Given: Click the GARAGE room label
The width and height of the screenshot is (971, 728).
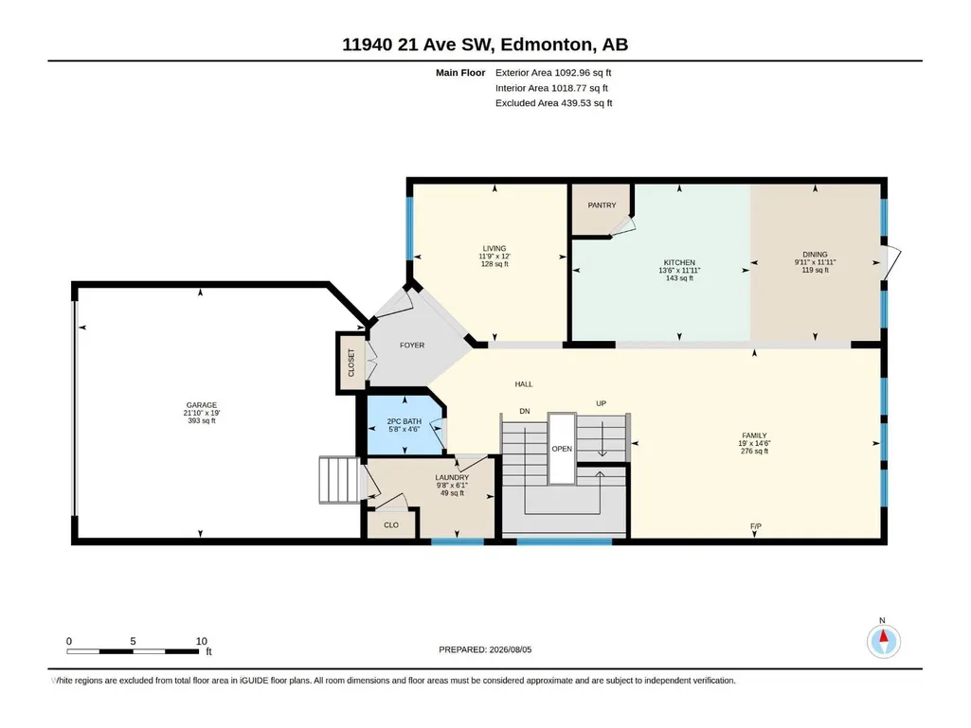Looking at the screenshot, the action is (x=201, y=405).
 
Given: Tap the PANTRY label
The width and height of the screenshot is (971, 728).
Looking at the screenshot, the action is (x=602, y=204).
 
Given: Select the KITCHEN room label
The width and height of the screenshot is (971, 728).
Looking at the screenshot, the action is (x=679, y=262).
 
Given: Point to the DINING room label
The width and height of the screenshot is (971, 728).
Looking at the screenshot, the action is (x=815, y=255).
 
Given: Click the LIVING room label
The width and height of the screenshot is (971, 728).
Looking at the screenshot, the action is (x=494, y=248).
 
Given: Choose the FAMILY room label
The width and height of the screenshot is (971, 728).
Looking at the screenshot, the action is (x=754, y=435).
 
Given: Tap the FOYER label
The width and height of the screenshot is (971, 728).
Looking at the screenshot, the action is (x=412, y=346).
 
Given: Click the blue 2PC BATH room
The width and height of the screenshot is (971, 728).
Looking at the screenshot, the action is (x=404, y=425).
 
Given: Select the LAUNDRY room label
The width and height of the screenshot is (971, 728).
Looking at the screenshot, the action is (x=452, y=478).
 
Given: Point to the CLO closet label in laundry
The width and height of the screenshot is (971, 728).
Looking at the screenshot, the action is (x=391, y=525).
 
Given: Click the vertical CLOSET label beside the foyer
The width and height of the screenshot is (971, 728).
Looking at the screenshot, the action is (x=351, y=363).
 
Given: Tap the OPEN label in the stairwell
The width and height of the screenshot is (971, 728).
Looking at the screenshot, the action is (x=562, y=449).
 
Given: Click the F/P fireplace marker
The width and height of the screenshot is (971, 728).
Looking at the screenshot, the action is (x=756, y=526).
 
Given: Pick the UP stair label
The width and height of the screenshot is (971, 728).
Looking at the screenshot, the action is (x=601, y=403).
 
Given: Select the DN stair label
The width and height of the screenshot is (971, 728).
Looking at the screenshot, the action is (x=525, y=411).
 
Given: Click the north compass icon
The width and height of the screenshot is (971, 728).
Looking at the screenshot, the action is (x=884, y=641).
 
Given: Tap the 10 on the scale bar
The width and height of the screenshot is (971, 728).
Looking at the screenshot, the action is (x=201, y=641).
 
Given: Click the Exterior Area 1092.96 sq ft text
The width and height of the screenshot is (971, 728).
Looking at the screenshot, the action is (x=553, y=73).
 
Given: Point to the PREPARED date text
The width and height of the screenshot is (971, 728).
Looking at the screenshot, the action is (x=485, y=649).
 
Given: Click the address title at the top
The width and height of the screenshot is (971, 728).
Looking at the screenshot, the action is (x=485, y=44).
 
